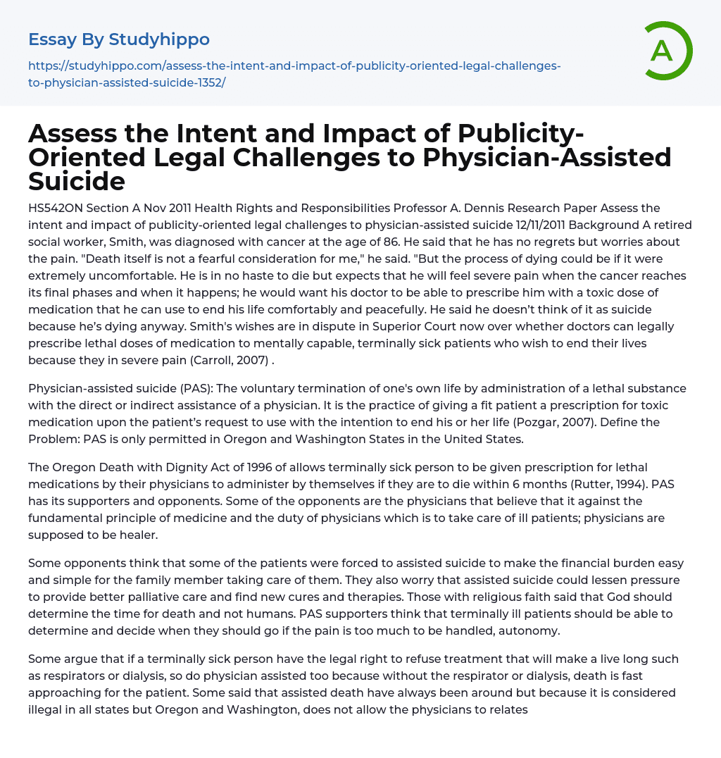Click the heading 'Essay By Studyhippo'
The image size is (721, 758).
[x=119, y=39]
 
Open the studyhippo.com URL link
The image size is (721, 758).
[x=294, y=74]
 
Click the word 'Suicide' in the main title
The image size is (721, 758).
[x=77, y=181]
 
